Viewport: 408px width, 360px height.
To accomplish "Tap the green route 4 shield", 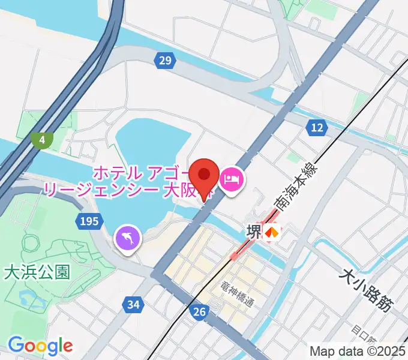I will (41, 140).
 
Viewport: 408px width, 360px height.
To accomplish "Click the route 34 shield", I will (133, 305).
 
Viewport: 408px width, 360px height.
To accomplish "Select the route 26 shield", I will (200, 311).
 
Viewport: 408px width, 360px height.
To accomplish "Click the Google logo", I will (40, 345).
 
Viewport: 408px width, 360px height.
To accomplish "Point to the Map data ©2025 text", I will (358, 352).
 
